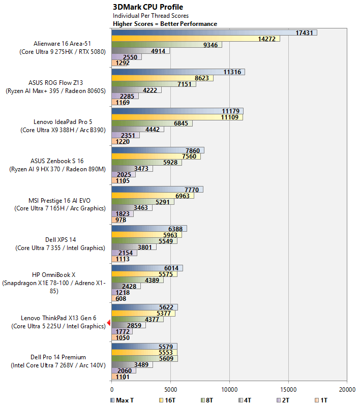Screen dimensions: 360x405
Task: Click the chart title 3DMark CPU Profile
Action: coord(148,7)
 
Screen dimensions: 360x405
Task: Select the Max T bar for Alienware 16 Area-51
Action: coord(214,33)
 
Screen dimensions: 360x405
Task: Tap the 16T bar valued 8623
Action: coord(162,78)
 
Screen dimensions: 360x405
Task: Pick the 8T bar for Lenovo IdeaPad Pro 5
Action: coord(152,123)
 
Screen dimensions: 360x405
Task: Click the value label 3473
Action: coord(141,169)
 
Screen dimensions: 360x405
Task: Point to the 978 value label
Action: coord(121,220)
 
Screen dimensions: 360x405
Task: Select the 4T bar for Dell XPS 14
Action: coord(134,247)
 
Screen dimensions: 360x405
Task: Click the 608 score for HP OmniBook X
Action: coord(121,299)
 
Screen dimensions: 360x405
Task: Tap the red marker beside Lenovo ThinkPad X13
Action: coord(109,323)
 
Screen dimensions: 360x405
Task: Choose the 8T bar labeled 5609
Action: coord(145,359)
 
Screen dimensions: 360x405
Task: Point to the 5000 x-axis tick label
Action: coord(170,390)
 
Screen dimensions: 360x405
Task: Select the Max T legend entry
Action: coord(122,400)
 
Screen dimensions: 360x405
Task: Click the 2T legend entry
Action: coord(283,400)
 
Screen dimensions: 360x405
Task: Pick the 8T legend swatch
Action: coord(203,400)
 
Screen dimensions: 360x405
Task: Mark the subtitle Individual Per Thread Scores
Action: coord(151,16)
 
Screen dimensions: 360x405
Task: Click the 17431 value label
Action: coord(304,33)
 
